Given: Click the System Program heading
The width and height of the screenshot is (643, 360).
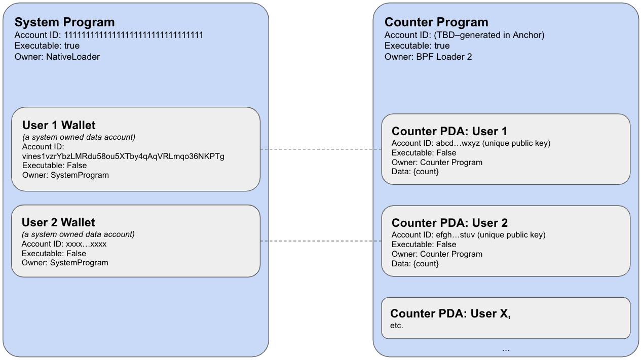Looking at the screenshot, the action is tap(64, 22).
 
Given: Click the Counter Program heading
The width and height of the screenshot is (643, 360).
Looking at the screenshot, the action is tap(436, 22).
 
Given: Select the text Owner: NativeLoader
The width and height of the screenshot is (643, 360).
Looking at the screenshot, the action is tap(57, 57).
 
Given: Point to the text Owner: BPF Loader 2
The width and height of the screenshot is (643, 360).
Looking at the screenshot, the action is tap(428, 57).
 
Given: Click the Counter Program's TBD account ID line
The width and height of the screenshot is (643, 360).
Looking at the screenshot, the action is tap(465, 35).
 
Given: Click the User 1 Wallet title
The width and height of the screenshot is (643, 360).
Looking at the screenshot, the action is tap(59, 126).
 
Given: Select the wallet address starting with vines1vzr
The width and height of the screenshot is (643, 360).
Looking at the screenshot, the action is tap(123, 156).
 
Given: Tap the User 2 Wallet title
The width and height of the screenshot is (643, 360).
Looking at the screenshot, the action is tap(58, 223).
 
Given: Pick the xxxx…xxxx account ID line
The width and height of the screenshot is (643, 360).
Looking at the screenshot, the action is tap(64, 244).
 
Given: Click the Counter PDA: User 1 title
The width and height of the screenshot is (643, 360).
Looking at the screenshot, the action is tap(449, 131).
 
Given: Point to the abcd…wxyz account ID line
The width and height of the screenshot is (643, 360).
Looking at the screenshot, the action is tap(471, 143).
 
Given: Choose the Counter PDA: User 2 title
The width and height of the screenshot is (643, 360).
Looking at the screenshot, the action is tap(449, 223).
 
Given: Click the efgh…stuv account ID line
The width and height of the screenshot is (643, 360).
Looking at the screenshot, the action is tap(469, 235).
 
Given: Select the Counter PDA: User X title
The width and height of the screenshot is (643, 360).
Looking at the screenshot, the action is tap(450, 313).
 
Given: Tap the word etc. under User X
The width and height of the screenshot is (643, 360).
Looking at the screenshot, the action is tap(397, 326).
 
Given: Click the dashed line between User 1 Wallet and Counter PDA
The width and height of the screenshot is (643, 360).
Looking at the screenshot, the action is tap(321, 149).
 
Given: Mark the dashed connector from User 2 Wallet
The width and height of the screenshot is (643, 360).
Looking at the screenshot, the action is tap(321, 241).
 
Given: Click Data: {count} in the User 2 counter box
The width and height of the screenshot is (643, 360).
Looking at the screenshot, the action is tap(415, 264).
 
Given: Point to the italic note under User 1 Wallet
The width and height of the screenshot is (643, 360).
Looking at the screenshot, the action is tap(79, 137).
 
